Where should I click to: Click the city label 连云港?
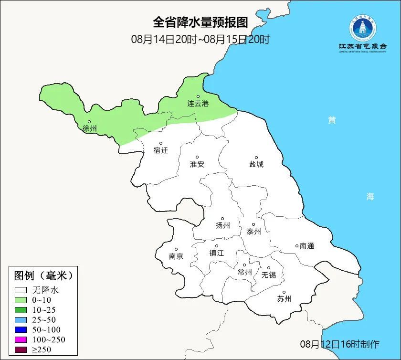pos(198,104)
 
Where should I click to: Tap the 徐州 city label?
pos(89,128)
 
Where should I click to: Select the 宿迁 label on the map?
pos(161,150)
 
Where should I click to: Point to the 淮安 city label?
pos(197,164)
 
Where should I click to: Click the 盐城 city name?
pos(256,164)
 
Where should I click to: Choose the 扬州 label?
pos(222,225)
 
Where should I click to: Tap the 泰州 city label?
pos(253,232)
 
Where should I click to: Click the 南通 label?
pos(306,246)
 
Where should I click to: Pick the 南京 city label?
pos(176,256)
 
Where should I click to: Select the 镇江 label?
pos(216,253)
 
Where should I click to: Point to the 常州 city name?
pos(244,272)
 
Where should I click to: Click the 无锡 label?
pos(268,275)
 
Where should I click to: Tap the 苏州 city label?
pos(284,299)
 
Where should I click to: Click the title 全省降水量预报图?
pos(200,22)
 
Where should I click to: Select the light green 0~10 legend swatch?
pos(21,300)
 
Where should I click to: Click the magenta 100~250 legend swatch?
pos(21,339)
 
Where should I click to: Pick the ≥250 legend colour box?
pos(21,349)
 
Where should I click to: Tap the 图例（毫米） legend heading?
pos(43,275)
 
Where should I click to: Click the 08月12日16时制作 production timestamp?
pos(340,344)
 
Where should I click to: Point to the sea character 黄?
pos(331,120)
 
